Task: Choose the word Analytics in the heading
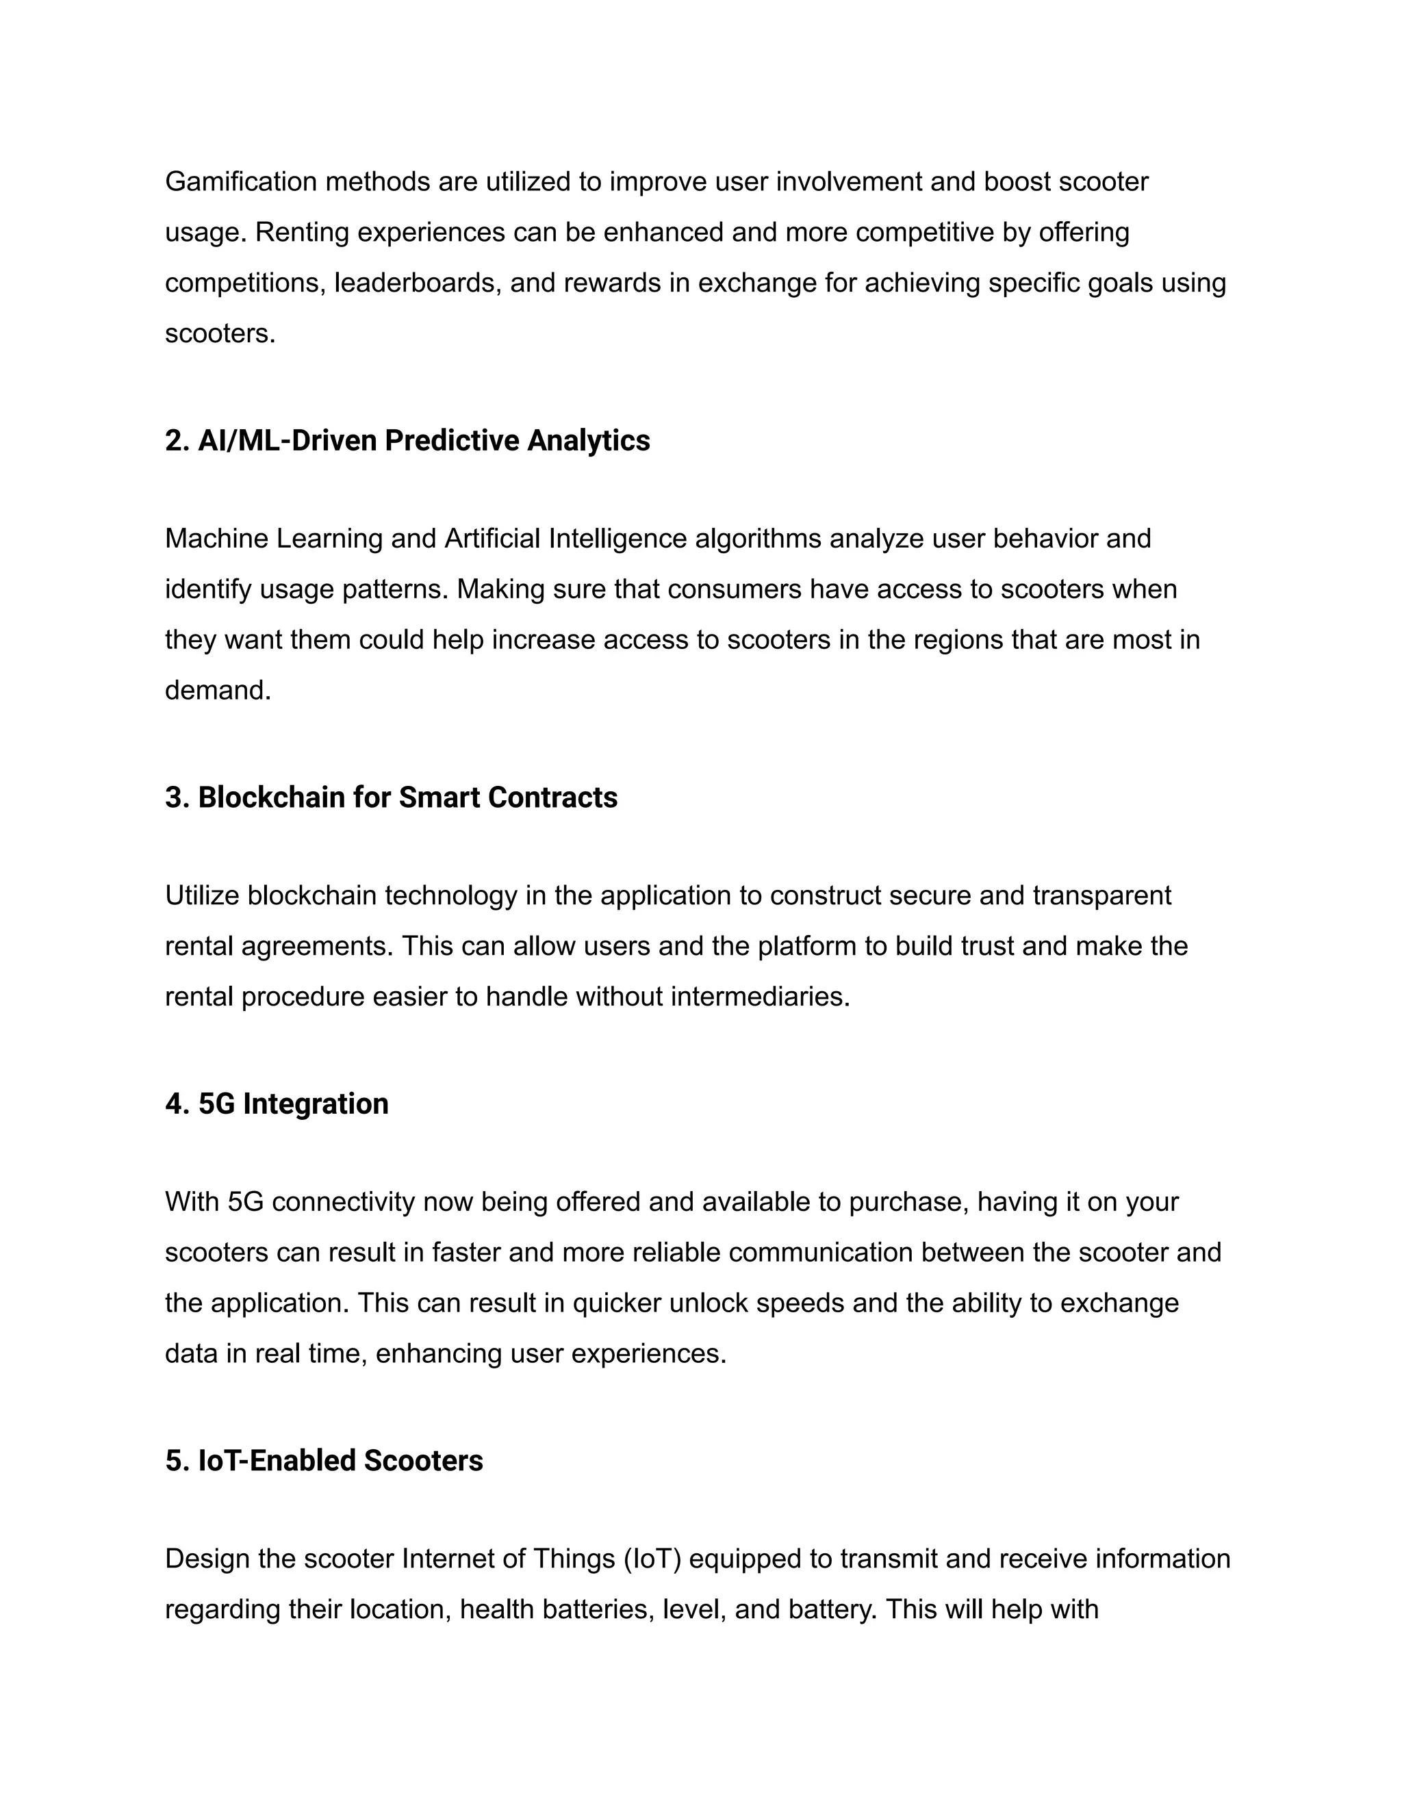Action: click(588, 440)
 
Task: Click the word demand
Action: click(217, 690)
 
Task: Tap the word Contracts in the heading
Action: click(552, 797)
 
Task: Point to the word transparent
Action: click(1101, 895)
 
